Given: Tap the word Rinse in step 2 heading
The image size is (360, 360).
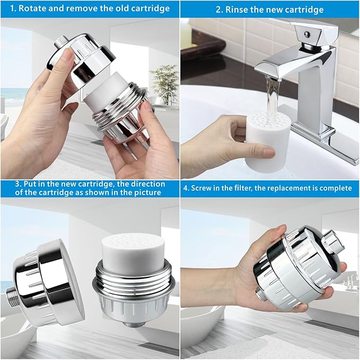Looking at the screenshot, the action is [x=236, y=10].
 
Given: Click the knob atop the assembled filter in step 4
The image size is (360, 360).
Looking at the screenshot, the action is [x=332, y=242].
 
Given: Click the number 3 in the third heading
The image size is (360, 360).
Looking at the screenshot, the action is [x=17, y=184].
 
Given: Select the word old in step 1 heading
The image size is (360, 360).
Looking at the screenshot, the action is [x=122, y=8].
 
